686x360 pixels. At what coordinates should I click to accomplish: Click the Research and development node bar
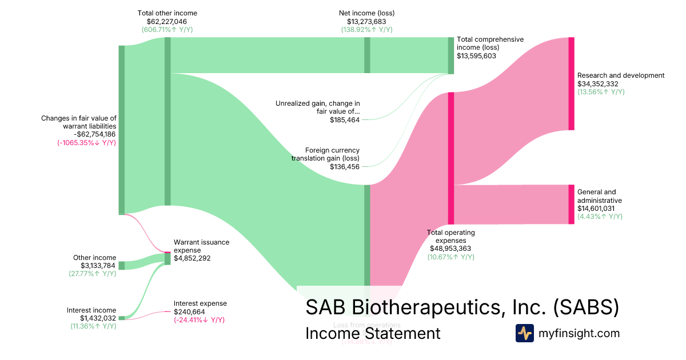pos(571,83)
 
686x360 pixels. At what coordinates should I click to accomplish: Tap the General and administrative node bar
pos(571,204)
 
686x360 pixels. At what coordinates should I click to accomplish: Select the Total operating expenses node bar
pos(451,158)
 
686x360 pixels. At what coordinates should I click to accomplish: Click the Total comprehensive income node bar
pos(450,55)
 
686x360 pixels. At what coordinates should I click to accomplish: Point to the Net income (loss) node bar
pos(367,55)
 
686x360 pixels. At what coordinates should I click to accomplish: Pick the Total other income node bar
pos(167,121)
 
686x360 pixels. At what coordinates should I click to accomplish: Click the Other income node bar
pos(121,265)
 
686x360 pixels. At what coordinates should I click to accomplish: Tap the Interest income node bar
pos(121,318)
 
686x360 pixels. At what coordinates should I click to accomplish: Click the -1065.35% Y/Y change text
pos(87,143)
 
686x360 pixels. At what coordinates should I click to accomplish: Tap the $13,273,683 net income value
pos(367,21)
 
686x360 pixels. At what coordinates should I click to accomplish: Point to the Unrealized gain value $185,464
pos(345,120)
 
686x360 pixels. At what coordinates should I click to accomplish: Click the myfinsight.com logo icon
pos(525,333)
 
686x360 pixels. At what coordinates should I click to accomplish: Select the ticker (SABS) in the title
pos(587,307)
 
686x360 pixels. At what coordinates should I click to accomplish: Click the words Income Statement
pos(373,333)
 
